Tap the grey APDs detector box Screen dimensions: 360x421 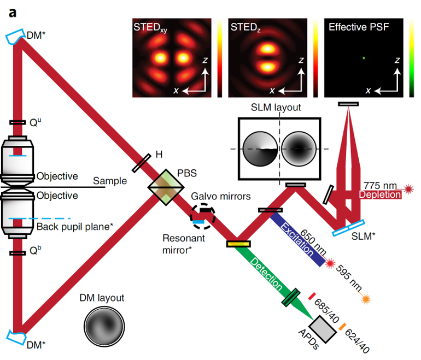(x=325, y=328)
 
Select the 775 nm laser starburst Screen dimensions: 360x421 (x=408, y=189)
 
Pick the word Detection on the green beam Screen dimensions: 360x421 (x=267, y=273)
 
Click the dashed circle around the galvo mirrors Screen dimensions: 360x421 (x=203, y=216)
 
